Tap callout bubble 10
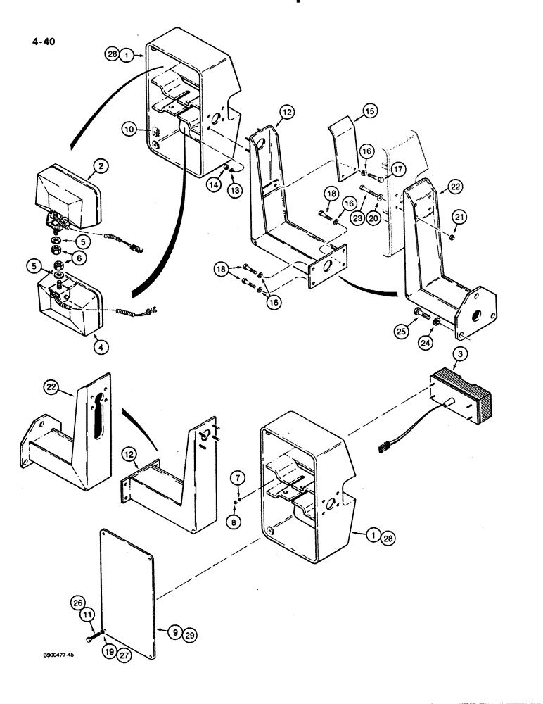point(129,129)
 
